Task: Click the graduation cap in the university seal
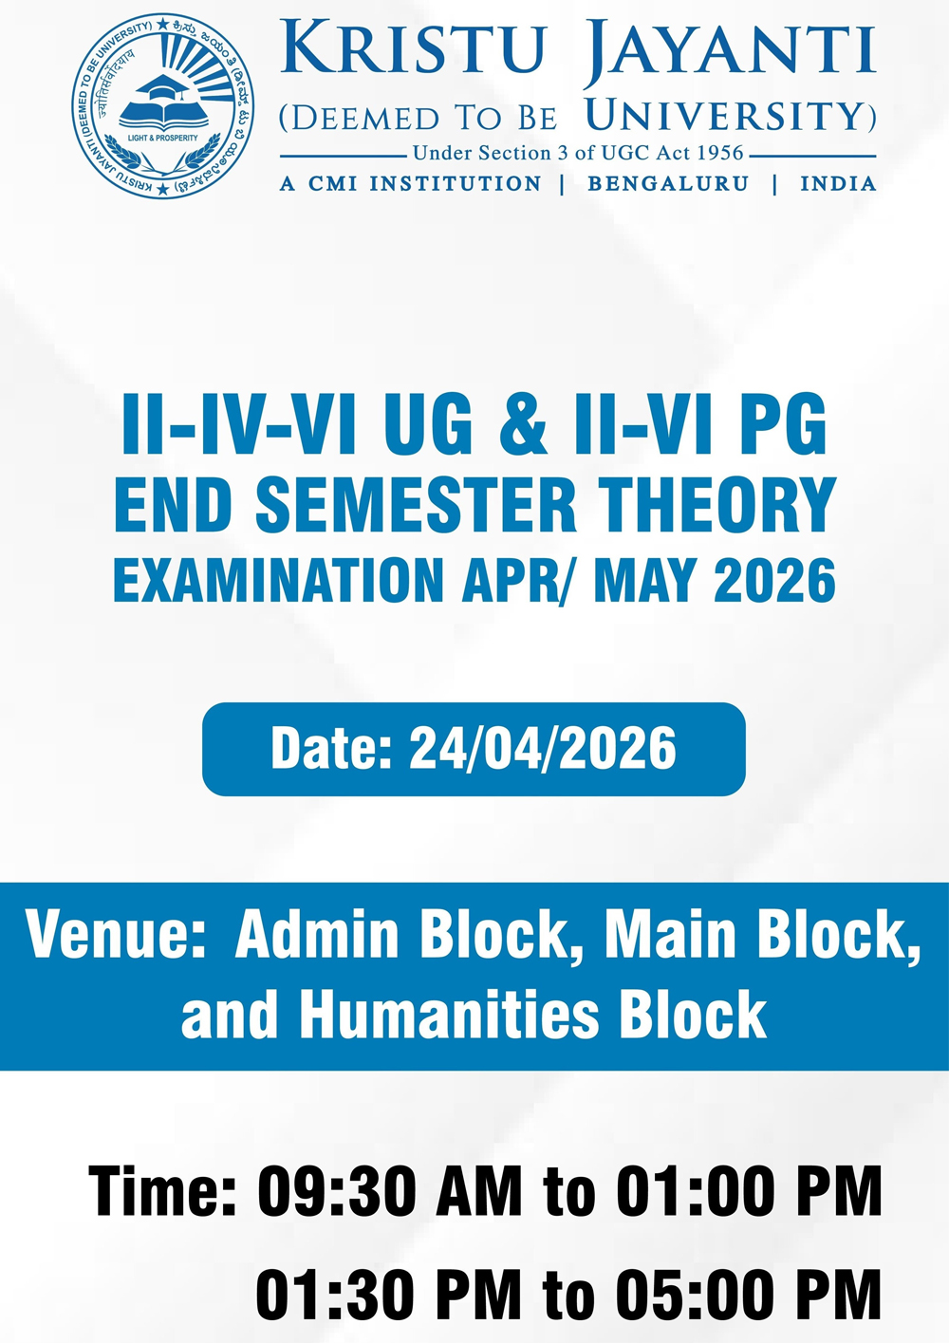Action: tap(162, 88)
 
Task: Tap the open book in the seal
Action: tap(163, 115)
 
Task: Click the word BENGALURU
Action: tap(668, 183)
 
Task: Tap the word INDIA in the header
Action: tap(838, 183)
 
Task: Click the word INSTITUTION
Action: tap(455, 183)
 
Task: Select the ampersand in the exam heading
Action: tap(522, 424)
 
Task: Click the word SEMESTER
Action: tap(416, 505)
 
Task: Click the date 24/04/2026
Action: tap(543, 748)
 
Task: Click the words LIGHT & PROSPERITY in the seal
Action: tap(163, 138)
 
